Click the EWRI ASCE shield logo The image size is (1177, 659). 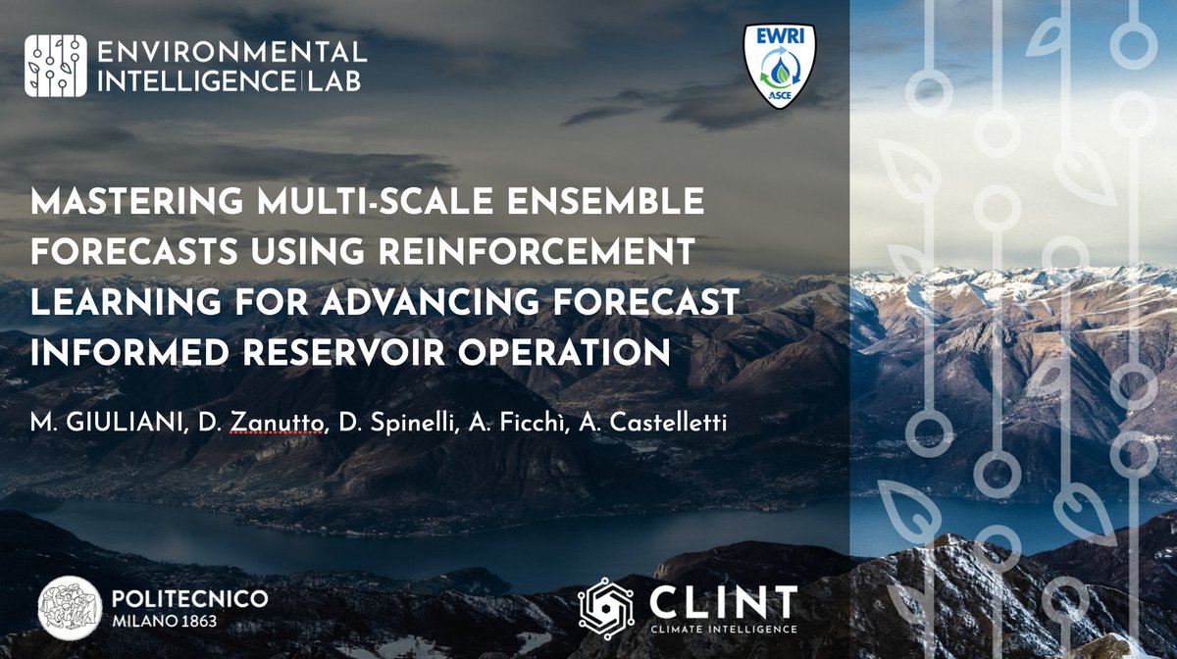click(x=780, y=68)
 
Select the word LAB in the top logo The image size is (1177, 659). click(x=333, y=80)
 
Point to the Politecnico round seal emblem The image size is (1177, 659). click(x=70, y=607)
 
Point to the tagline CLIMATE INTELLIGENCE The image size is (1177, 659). click(x=721, y=628)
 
